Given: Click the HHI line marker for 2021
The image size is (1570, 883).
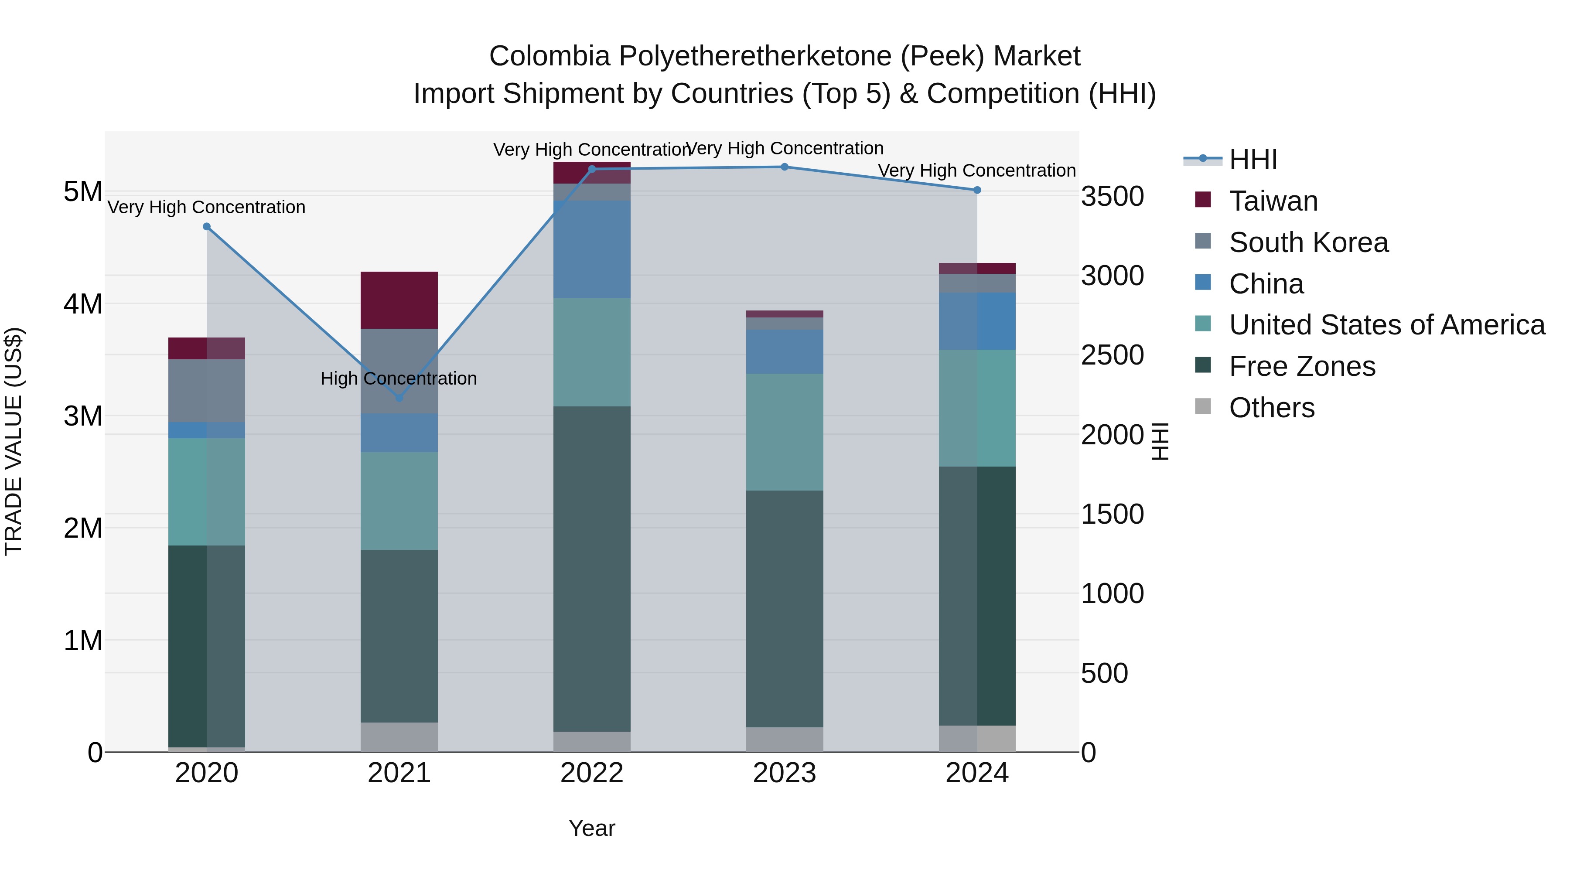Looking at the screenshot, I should click(399, 398).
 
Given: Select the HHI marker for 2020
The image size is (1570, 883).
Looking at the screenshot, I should click(207, 227).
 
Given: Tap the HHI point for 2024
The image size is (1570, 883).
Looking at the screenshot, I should click(977, 190).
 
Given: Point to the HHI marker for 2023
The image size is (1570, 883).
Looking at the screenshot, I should click(785, 167).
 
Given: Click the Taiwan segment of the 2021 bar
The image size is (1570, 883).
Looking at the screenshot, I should click(399, 300).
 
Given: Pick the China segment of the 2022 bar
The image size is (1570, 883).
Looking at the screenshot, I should click(592, 249).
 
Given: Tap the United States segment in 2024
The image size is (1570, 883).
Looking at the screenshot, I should click(977, 408).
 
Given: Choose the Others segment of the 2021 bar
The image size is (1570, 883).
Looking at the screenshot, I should click(399, 737).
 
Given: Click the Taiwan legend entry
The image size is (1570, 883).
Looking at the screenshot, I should click(1273, 201).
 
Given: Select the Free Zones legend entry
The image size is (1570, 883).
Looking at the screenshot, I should click(1302, 366).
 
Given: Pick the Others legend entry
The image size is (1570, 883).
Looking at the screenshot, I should click(1271, 408).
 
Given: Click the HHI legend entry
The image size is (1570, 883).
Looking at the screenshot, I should click(1253, 160).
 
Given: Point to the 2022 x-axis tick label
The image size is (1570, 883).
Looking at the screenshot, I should click(592, 773).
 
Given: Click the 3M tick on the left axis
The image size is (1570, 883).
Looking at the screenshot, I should click(83, 416).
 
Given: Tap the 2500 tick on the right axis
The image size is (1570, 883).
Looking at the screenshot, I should click(1112, 355).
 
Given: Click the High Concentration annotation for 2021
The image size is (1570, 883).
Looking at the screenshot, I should click(399, 378).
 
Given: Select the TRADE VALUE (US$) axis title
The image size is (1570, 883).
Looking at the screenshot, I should click(14, 441).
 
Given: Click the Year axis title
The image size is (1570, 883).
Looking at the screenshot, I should click(592, 828).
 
